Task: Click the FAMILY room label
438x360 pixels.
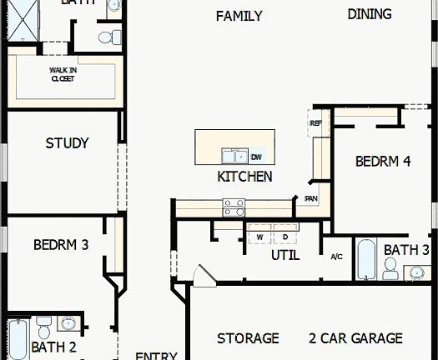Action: pyautogui.click(x=239, y=16)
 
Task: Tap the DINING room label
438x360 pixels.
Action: pyautogui.click(x=370, y=13)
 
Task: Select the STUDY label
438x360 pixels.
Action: pyautogui.click(x=67, y=143)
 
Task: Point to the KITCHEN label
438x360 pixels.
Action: pyautogui.click(x=244, y=176)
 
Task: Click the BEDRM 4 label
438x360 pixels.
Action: pyautogui.click(x=383, y=162)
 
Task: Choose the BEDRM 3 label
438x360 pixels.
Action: pyautogui.click(x=61, y=245)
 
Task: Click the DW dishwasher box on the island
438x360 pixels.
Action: pyautogui.click(x=256, y=156)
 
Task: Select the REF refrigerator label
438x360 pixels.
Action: pyautogui.click(x=315, y=123)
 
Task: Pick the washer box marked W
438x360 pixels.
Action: pyautogui.click(x=259, y=237)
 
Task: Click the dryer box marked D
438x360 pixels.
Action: pyautogui.click(x=284, y=237)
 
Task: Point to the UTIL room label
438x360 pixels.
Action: pyautogui.click(x=284, y=256)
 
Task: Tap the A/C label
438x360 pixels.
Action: pyautogui.click(x=337, y=256)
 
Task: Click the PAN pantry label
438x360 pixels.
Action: pyautogui.click(x=310, y=198)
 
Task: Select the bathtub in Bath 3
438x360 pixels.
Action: pyautogui.click(x=365, y=260)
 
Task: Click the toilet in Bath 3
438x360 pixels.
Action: pyautogui.click(x=390, y=267)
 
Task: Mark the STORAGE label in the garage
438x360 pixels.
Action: pyautogui.click(x=248, y=338)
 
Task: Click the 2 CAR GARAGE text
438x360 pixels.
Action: pyautogui.click(x=355, y=338)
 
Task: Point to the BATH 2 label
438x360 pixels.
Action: pyautogui.click(x=53, y=347)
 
